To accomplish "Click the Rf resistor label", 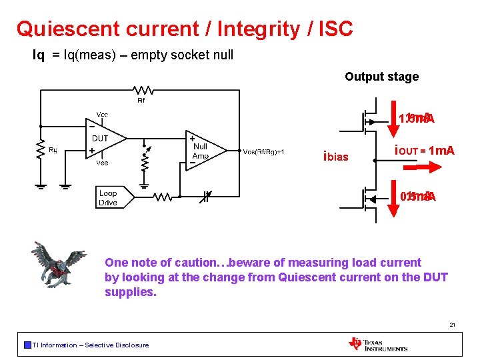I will pos(141,101).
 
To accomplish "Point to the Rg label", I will pos(53,151).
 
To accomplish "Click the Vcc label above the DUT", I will pos(102,115).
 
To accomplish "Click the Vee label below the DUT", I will pos(102,163).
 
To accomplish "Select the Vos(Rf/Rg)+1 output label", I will pos(265,152).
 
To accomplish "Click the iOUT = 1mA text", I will pos(424,151).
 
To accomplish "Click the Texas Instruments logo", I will pos(377,343).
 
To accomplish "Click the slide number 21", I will pos(452,325).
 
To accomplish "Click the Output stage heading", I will pos(381,77).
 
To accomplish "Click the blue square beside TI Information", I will pos(27,345).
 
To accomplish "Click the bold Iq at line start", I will pos(39,55).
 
